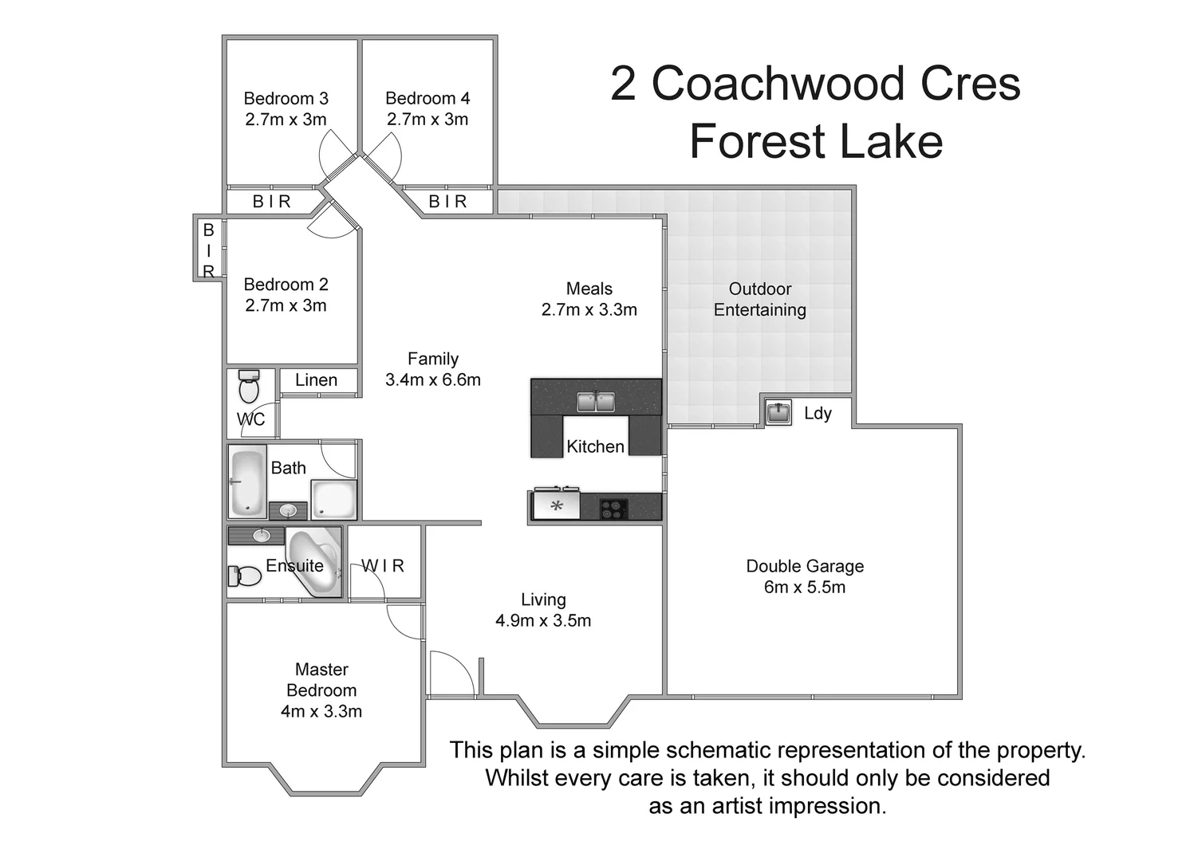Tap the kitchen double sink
pos(596,401)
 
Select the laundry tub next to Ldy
pos(778,413)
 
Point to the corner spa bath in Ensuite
pos(314,560)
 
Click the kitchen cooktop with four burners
pos(613,509)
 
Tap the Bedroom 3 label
pos(286,99)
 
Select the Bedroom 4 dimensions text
pos(428,120)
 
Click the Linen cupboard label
pos(316,380)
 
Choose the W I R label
pos(383,566)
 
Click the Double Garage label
pos(805,566)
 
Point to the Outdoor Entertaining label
pos(759,300)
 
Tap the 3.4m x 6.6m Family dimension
pos(433,380)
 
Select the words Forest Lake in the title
pos(816,142)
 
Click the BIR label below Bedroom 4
pos(447,202)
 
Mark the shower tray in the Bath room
pos(333,500)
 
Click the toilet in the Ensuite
pos(246,576)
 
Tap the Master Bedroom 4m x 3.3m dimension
pos(321,711)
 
